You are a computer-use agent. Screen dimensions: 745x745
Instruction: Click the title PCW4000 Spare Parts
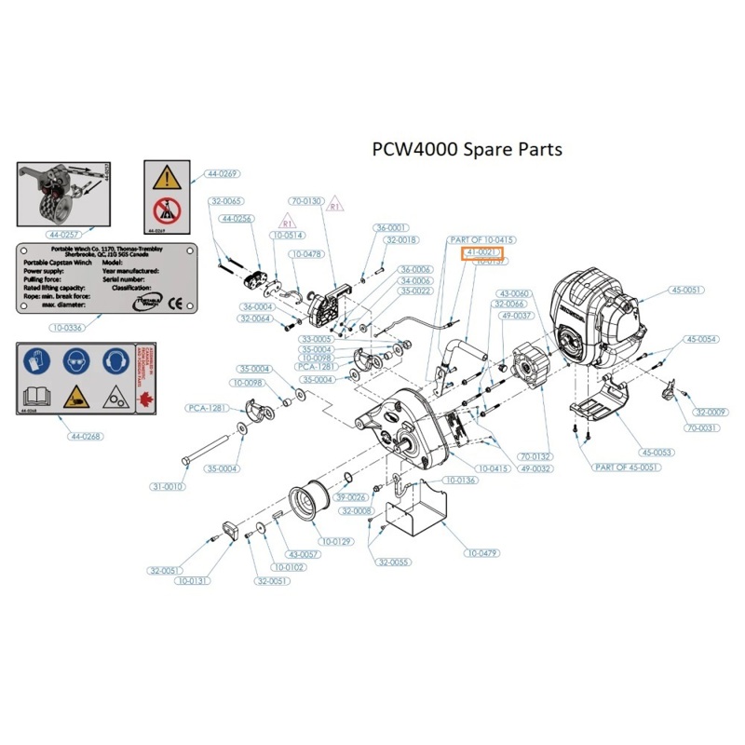[x=467, y=148]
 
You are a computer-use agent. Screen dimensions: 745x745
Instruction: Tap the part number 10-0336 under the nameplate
[x=62, y=327]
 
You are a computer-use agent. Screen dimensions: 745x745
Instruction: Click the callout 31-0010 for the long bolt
[x=169, y=486]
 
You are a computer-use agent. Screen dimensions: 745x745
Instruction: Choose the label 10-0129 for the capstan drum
[x=336, y=541]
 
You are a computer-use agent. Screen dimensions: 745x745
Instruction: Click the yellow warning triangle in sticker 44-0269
[x=167, y=178]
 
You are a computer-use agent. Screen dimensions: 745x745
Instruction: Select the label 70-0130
[x=306, y=201]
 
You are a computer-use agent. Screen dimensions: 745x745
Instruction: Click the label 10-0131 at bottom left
[x=195, y=580]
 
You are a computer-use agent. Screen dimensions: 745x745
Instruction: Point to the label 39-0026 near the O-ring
[x=350, y=497]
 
